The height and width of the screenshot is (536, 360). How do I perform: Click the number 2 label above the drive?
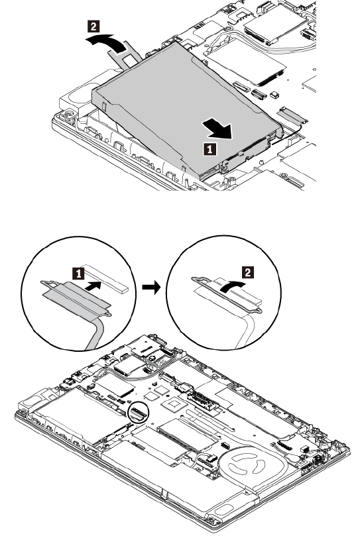(x=94, y=27)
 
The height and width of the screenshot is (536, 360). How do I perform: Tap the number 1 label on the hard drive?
(x=210, y=149)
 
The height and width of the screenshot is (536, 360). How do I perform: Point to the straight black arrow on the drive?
(x=217, y=128)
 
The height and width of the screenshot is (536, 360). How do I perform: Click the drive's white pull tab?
(x=124, y=54)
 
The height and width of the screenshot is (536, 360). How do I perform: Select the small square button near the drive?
(x=274, y=94)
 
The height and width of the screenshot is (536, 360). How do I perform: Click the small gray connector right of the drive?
(x=292, y=115)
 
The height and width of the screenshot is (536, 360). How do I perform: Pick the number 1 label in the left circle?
(x=79, y=273)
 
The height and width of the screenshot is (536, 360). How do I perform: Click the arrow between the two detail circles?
(x=151, y=287)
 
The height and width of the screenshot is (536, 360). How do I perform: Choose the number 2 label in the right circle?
(x=248, y=272)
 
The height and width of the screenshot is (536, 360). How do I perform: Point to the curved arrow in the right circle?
(x=233, y=286)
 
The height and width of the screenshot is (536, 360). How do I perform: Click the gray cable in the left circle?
(x=97, y=332)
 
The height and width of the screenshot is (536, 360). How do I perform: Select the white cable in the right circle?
(x=247, y=329)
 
